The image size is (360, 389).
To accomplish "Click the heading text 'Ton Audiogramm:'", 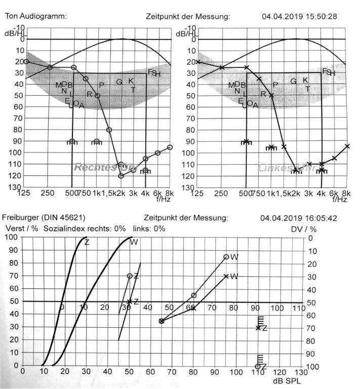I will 35,16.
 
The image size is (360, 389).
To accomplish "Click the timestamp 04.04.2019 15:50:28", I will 299,16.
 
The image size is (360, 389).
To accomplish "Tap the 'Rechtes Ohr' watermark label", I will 97,167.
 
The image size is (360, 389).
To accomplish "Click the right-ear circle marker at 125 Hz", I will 26,62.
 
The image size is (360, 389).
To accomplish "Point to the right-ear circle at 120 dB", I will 121,176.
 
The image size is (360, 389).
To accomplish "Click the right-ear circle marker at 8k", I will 170,147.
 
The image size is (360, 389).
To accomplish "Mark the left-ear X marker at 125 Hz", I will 198,62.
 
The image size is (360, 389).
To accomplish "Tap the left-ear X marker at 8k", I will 347,146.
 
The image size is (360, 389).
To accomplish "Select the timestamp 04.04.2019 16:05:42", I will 298,218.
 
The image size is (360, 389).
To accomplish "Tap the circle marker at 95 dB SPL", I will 226,257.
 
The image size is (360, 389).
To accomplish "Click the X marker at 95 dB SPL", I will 226,276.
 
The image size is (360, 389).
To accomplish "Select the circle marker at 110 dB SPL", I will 258,366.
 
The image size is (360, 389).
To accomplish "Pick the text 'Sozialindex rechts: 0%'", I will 85,228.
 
